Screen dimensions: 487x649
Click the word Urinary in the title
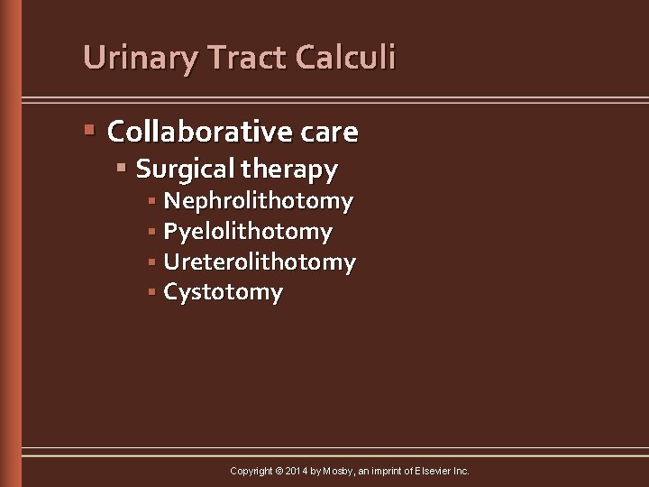pos(141,58)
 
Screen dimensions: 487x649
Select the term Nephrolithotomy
pos(259,200)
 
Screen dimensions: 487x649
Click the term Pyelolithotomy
pos(248,232)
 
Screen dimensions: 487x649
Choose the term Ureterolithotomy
pos(260,262)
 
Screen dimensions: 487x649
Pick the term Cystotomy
pos(223,293)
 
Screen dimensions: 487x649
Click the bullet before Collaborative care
pos(89,132)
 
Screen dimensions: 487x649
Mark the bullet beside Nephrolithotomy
pos(153,200)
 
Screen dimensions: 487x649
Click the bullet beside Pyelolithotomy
pos(153,232)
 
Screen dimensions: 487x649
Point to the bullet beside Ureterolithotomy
pos(153,262)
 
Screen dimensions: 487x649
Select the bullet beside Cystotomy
pos(153,292)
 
